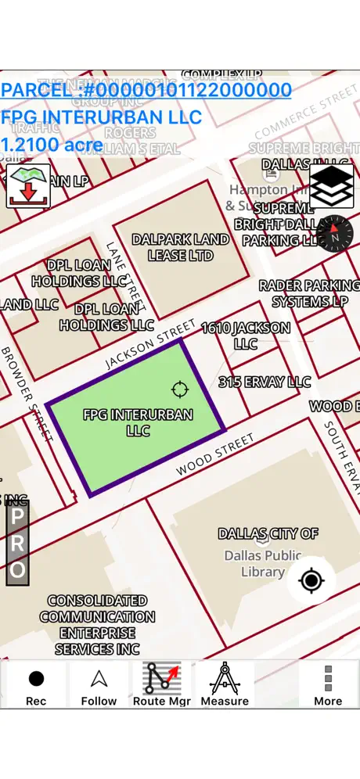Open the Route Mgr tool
161,685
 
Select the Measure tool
225,685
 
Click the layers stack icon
331,186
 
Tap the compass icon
335,233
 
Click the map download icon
28,186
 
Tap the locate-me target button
311,580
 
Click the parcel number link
146,90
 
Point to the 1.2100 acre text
51,145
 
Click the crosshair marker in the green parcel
179,389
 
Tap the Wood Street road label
215,455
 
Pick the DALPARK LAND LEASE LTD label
181,247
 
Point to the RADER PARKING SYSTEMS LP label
308,293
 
